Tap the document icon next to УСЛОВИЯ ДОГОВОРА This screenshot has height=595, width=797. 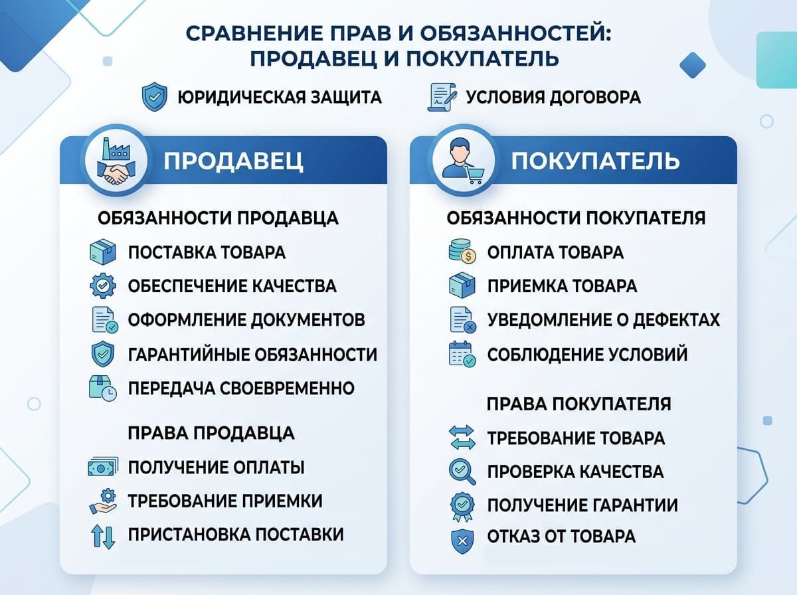443,98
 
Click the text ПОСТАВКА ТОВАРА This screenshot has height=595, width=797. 207,252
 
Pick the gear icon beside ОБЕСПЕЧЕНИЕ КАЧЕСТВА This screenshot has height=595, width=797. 103,286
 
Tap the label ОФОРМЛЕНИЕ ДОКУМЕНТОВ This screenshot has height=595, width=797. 246,319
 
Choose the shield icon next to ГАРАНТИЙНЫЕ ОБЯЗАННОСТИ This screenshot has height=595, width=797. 103,353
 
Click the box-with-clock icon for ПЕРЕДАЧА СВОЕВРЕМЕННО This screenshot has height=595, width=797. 103,388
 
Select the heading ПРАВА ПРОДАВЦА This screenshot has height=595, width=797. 211,433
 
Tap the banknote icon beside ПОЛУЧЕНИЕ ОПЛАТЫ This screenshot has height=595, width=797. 103,467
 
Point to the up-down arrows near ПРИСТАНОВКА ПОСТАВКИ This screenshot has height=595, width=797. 103,535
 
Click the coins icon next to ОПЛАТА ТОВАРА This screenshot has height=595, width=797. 462,252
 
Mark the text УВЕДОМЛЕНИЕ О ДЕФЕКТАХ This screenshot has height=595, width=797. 603,319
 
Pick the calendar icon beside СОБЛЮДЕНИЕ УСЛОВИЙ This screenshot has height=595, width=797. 462,354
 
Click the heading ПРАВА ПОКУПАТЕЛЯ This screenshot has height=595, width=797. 578,404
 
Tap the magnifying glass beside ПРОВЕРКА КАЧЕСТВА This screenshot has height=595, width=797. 462,471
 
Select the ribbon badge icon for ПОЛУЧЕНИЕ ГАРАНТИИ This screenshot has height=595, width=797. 462,505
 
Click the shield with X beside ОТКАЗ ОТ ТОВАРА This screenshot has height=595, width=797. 462,539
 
